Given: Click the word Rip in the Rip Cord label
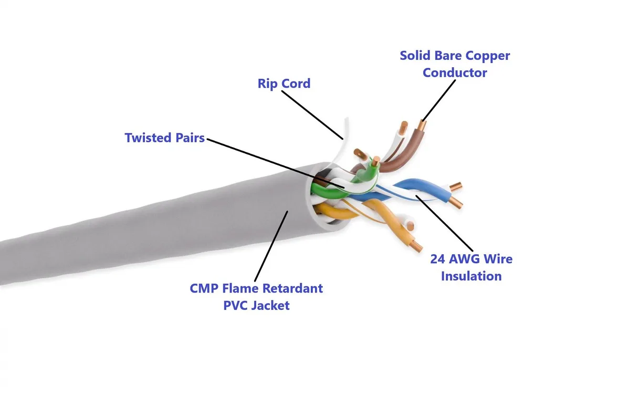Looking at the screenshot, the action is click(x=267, y=84).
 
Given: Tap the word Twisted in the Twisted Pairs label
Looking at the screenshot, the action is click(x=148, y=138).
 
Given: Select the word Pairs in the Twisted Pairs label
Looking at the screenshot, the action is click(x=190, y=138).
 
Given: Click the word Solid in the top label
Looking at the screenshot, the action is click(x=415, y=56).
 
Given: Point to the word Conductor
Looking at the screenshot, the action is click(x=455, y=72).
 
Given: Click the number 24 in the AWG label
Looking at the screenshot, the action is click(x=438, y=259).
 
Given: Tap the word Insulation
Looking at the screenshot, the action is click(x=471, y=276).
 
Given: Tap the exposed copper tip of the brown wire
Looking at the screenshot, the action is click(x=422, y=125).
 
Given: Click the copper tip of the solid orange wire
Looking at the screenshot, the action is click(x=416, y=246).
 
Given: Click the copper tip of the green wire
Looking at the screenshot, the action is click(x=375, y=161).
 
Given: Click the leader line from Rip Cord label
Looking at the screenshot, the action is click(x=312, y=115).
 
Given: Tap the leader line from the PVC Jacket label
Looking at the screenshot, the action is click(x=271, y=246).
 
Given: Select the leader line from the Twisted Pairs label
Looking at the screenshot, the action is click(x=276, y=163).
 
